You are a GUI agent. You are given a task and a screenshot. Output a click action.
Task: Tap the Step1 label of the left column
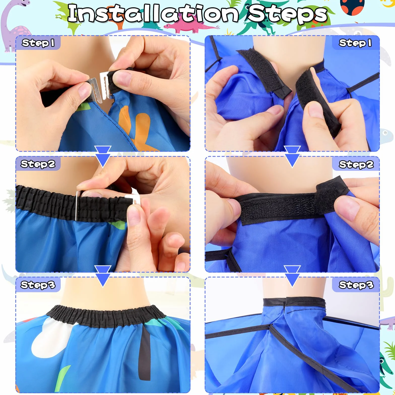[x=38, y=43]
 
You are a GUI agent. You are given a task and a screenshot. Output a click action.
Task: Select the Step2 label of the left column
[x=38, y=164]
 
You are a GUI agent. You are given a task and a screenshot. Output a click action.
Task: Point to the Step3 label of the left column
[x=38, y=285]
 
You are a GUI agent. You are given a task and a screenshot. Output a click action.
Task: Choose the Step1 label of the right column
[x=355, y=43]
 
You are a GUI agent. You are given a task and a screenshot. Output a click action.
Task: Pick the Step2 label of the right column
[x=356, y=164]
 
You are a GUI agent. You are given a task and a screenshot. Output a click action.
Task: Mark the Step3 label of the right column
[x=356, y=285]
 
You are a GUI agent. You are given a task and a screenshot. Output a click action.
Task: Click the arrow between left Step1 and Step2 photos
[x=103, y=156]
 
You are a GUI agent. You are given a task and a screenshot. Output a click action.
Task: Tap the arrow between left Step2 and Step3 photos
[x=103, y=276]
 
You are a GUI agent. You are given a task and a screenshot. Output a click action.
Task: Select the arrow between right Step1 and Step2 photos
[x=292, y=156]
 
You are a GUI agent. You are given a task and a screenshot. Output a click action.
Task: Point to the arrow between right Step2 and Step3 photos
[x=292, y=276]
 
